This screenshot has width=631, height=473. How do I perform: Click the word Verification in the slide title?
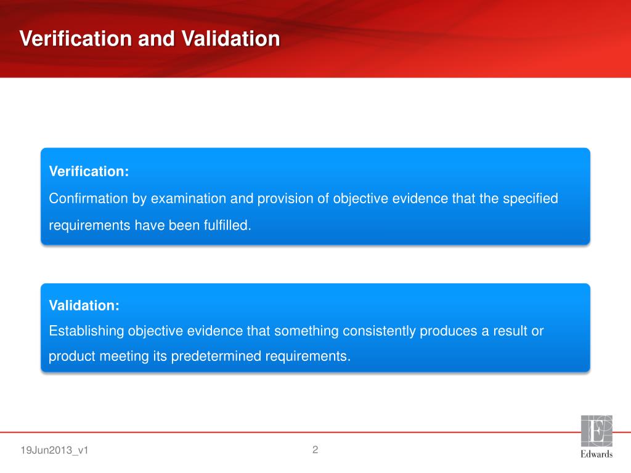coord(75,39)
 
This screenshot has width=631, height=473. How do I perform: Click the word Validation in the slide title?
coord(231,39)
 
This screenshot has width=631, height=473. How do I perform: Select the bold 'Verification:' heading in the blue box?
coord(89,172)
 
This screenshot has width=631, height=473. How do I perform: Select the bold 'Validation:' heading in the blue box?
coord(84,305)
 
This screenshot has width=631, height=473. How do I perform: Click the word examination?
coord(189,199)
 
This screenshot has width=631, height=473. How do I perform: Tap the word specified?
coord(531,199)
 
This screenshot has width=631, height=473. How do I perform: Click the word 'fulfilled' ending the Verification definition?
coord(227,225)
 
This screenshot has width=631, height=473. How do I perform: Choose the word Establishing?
coord(86,331)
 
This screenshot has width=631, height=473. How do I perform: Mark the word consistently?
coord(379,331)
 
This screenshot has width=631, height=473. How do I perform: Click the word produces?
coord(447,331)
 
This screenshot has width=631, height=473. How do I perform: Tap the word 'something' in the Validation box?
coord(303,331)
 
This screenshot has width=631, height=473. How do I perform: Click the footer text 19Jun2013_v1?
coord(55,451)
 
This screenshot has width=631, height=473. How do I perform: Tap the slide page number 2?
coord(315,450)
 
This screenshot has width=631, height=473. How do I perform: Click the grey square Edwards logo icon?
coord(596,431)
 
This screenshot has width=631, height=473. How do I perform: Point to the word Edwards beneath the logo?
coord(596,455)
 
